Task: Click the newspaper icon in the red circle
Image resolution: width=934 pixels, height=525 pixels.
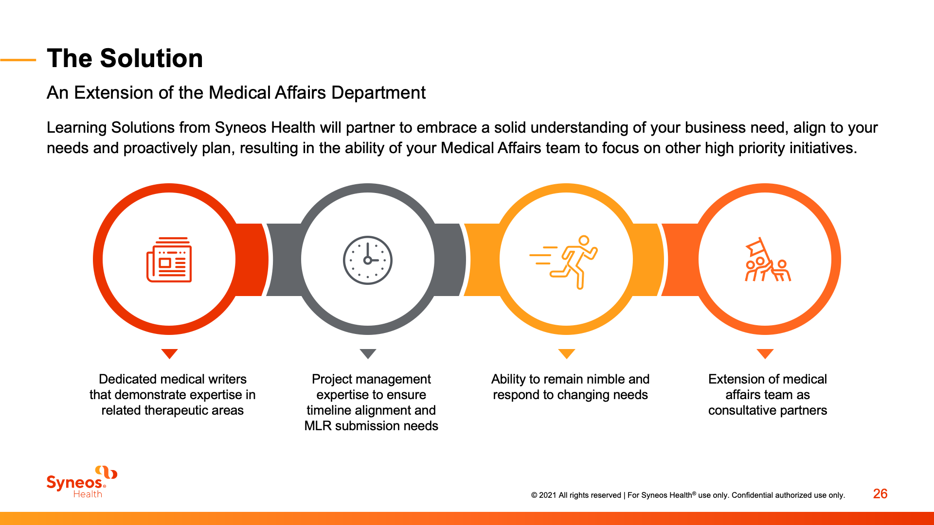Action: point(169,260)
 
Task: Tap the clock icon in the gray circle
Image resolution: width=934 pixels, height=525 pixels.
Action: point(368,260)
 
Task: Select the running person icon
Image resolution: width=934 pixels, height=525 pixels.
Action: point(566,262)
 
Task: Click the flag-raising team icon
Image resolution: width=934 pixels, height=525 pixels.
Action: point(767,260)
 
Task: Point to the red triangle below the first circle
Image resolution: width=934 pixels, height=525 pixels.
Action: point(169,353)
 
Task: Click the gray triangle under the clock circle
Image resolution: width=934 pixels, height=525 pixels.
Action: point(368,353)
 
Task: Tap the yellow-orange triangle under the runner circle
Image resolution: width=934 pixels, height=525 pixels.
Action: point(567,353)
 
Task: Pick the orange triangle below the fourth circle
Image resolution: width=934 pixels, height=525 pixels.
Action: point(765,353)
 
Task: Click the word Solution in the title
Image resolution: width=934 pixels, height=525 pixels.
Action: point(151,58)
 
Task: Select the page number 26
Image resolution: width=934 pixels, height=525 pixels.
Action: point(880,494)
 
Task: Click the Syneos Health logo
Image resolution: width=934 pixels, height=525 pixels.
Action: point(82,482)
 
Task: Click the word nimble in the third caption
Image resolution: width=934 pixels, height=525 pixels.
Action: point(601,379)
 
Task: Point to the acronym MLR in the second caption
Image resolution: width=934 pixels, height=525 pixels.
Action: point(318,426)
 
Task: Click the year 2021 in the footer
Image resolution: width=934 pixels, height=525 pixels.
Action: point(547,495)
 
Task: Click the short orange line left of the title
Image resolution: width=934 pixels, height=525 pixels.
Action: point(18,60)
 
